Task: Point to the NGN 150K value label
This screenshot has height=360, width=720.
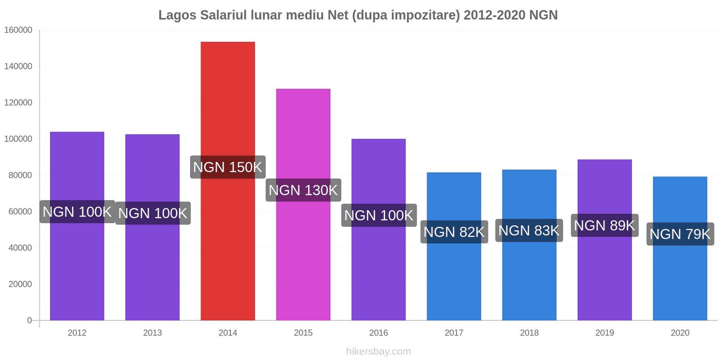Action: [228, 167]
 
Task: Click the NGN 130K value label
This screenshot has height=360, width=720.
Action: [303, 190]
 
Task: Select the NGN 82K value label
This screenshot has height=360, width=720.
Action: [454, 232]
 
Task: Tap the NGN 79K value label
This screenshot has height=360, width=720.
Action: [680, 234]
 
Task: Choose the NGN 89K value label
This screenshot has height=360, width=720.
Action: [604, 225]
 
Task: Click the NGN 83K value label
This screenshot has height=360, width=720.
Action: [529, 231]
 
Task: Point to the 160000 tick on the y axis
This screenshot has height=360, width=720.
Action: [18, 30]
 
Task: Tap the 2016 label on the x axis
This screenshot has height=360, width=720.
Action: [378, 333]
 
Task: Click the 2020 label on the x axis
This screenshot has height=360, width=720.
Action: [680, 333]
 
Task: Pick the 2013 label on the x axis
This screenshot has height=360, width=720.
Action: [153, 333]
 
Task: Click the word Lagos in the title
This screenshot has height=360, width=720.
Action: [177, 15]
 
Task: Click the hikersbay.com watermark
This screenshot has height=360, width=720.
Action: [378, 351]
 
